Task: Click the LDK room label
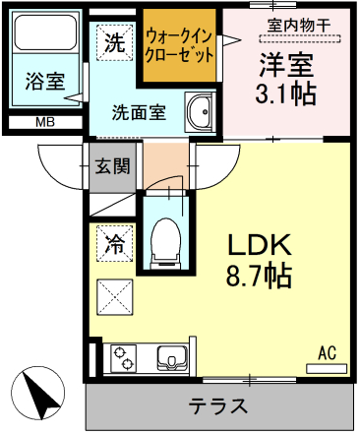click(x=260, y=245)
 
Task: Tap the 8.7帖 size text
click(x=259, y=276)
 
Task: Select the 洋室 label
click(x=286, y=65)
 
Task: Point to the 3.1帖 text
click(x=286, y=93)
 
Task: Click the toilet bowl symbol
click(x=166, y=243)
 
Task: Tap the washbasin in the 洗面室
click(x=200, y=111)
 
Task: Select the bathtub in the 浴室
click(x=46, y=32)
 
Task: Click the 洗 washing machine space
click(x=115, y=42)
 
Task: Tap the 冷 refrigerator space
click(x=115, y=244)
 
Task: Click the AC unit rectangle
click(x=327, y=369)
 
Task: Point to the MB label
click(x=45, y=122)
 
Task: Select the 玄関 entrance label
click(x=112, y=166)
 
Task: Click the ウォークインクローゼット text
click(x=179, y=46)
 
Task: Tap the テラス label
click(x=218, y=405)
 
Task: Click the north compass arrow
click(x=38, y=393)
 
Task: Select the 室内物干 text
click(x=299, y=25)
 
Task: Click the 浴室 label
click(x=45, y=81)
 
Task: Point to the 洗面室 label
click(x=139, y=112)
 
